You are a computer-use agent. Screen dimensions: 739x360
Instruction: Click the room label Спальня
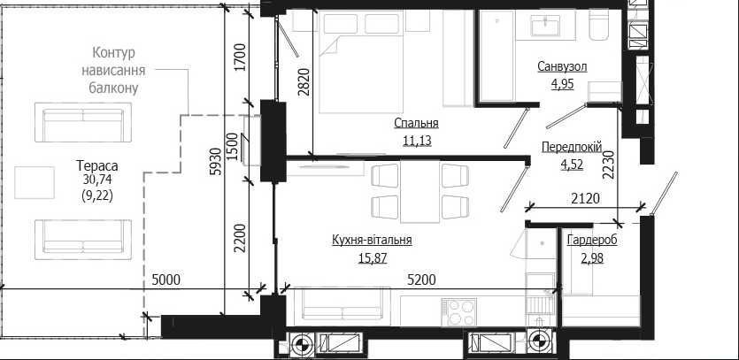[417, 124]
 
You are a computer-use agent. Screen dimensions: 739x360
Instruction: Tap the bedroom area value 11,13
[417, 141]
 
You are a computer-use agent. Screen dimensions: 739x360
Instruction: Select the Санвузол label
[562, 66]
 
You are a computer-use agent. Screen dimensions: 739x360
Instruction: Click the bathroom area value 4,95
[562, 84]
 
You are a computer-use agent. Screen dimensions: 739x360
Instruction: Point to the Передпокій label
[572, 147]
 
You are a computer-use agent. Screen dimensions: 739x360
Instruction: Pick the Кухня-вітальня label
[372, 240]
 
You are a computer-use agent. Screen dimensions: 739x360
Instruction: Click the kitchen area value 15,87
[373, 257]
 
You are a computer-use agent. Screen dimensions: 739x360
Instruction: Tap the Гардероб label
[592, 241]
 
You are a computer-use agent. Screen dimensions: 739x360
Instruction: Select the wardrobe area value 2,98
[592, 257]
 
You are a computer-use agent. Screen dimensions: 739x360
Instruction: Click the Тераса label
[97, 166]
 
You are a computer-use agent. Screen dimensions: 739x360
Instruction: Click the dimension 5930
[214, 162]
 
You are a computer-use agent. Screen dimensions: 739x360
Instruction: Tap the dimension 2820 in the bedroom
[304, 82]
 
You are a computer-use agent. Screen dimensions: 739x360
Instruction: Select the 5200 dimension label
[421, 280]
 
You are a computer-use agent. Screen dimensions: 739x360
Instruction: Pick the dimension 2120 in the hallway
[584, 198]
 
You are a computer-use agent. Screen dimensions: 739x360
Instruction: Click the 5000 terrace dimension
[166, 280]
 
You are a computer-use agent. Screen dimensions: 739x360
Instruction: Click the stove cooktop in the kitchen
[458, 312]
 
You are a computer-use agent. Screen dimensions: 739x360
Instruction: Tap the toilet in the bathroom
[599, 25]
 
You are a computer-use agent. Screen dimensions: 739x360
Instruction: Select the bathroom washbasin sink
[545, 26]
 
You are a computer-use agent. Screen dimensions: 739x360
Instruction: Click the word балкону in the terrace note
[113, 88]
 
